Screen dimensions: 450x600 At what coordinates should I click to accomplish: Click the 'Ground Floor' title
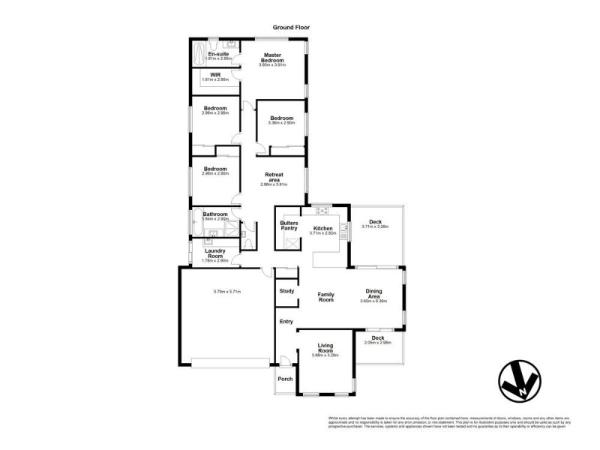click(290, 27)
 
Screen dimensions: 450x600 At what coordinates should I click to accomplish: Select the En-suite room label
click(218, 55)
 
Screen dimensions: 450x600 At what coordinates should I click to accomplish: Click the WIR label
click(215, 75)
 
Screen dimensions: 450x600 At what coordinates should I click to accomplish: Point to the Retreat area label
click(272, 178)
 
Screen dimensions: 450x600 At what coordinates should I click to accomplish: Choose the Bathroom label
click(214, 214)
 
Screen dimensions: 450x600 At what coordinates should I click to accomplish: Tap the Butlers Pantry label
click(289, 226)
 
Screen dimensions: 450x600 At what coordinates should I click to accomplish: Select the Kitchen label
click(322, 228)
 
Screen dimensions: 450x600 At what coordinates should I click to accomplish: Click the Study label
click(286, 291)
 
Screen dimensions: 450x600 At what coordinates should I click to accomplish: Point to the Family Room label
click(325, 296)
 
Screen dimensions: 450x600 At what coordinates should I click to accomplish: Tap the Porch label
click(285, 379)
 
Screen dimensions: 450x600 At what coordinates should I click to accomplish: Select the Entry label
click(286, 322)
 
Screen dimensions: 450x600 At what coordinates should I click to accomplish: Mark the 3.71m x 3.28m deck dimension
click(376, 226)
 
